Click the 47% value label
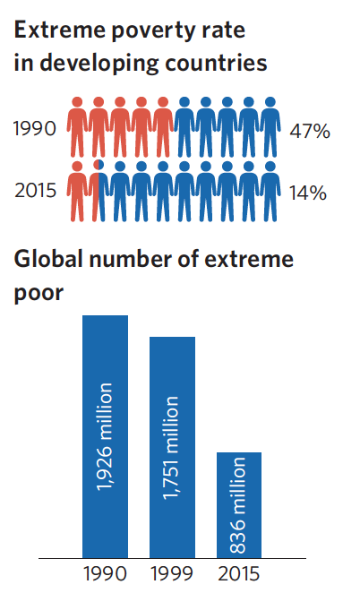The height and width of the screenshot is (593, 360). click(x=310, y=132)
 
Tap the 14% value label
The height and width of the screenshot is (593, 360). click(x=308, y=193)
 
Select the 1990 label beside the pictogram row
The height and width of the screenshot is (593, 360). click(x=35, y=128)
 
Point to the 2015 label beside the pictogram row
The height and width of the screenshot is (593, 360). click(x=36, y=190)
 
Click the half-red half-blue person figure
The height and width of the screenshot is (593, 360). click(x=99, y=191)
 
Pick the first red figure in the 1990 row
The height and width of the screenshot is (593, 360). click(x=77, y=127)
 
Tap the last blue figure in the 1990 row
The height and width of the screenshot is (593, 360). click(x=270, y=127)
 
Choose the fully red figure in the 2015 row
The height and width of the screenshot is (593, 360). click(x=77, y=191)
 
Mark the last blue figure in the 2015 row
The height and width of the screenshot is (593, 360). click(x=270, y=191)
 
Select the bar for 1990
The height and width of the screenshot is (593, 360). click(x=105, y=436)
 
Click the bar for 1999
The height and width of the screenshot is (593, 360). click(x=173, y=447)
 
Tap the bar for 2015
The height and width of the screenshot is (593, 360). click(x=239, y=505)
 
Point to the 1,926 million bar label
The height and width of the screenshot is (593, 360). click(x=105, y=437)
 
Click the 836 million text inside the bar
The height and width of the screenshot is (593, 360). click(x=238, y=505)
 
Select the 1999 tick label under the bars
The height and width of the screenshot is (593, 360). click(x=172, y=573)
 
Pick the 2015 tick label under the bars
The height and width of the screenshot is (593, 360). click(x=238, y=573)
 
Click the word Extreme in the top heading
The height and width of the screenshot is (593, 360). click(x=59, y=30)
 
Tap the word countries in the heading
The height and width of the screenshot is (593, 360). click(x=216, y=63)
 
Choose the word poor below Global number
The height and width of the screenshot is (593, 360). click(x=39, y=294)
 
